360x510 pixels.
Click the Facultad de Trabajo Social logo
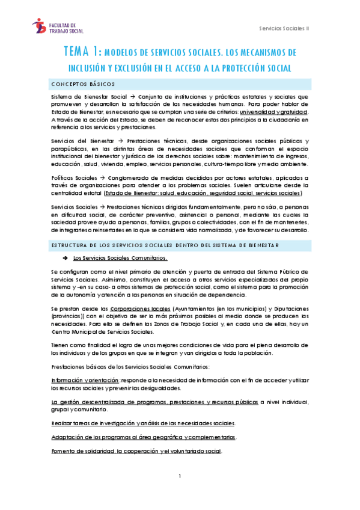pyautogui.click(x=58, y=26)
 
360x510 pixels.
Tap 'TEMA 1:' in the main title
pyautogui.click(x=84, y=52)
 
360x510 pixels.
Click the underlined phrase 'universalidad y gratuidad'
pyautogui.click(x=273, y=112)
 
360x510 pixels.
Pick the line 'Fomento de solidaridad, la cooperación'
pyautogui.click(x=136, y=451)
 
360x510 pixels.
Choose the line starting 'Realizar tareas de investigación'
pyautogui.click(x=142, y=423)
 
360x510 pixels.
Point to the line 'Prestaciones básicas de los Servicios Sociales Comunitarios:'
pyautogui.click(x=130, y=366)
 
